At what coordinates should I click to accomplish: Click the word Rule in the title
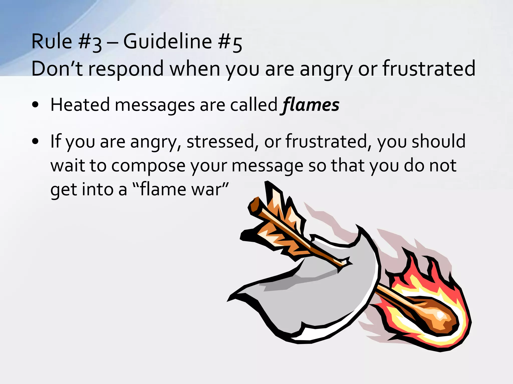pyautogui.click(x=52, y=41)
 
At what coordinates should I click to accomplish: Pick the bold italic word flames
pyautogui.click(x=311, y=105)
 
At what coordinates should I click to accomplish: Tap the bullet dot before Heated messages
pyautogui.click(x=35, y=105)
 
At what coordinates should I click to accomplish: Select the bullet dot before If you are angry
pyautogui.click(x=35, y=141)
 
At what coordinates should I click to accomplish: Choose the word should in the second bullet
pyautogui.click(x=439, y=141)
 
